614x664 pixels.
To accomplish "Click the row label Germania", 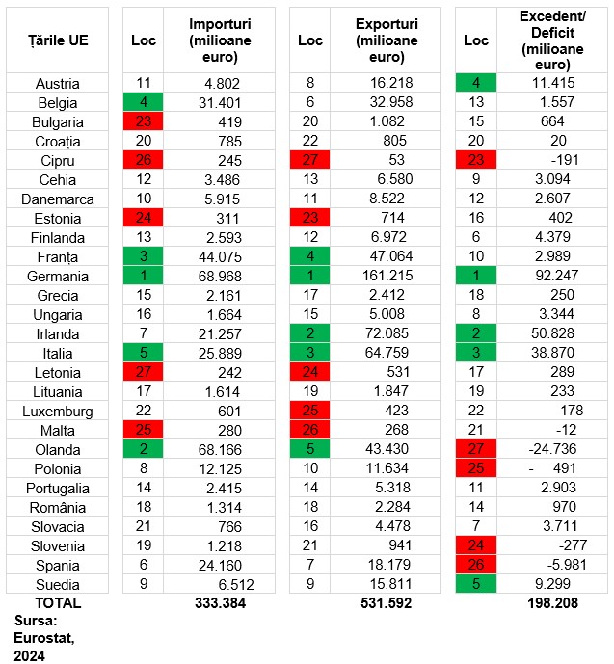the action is [58, 277].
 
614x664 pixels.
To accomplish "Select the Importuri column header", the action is [220, 40].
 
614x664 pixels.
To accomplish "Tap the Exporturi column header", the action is [387, 40].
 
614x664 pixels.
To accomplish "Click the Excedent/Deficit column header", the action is [552, 40].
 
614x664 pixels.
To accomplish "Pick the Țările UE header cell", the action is [58, 40].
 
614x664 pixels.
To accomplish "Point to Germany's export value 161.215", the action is [387, 276].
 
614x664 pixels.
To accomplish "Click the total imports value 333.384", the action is [220, 603].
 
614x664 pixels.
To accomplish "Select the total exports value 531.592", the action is [387, 603].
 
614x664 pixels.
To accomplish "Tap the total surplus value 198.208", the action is [552, 603].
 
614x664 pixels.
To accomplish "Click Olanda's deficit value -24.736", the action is [552, 449].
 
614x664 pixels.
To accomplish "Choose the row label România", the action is [58, 507].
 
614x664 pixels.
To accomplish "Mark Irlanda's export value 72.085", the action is [387, 333].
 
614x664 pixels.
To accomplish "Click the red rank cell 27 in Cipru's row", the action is [310, 160].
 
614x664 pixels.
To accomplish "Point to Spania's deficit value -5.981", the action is [565, 565].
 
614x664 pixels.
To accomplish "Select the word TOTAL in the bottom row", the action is [58, 603].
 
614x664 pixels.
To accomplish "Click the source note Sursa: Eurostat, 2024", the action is [44, 638].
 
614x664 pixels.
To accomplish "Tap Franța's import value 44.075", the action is [220, 257].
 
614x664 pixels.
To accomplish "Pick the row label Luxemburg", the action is [58, 412].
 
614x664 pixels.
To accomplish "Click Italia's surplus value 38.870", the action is [552, 353].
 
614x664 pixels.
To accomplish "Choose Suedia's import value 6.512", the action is [236, 585].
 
